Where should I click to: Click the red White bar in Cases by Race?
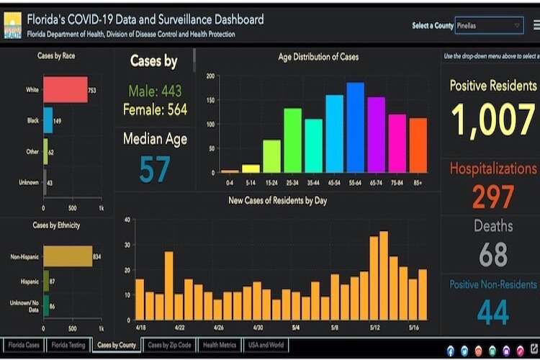(x=65, y=90)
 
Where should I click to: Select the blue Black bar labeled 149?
(x=48, y=120)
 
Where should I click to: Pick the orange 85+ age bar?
(x=418, y=145)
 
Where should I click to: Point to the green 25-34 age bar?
(x=292, y=140)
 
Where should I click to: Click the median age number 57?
(x=155, y=168)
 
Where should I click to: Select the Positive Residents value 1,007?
(x=492, y=120)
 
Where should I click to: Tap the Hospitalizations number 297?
(x=493, y=197)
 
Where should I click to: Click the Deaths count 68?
(x=493, y=253)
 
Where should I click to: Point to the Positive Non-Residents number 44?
(x=493, y=312)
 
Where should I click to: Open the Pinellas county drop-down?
(x=489, y=25)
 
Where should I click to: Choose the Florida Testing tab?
(x=68, y=346)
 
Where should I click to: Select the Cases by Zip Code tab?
(x=169, y=346)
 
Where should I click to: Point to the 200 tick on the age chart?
(x=210, y=76)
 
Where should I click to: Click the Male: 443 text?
(x=155, y=91)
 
